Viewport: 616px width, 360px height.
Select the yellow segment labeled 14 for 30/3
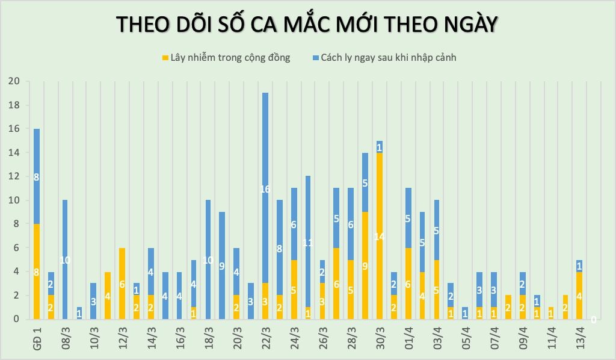pos(379,236)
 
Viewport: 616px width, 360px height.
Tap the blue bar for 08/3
pos(65,259)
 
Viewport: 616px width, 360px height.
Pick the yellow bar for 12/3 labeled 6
pos(122,284)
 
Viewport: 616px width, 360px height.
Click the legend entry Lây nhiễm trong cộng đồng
pos(226,58)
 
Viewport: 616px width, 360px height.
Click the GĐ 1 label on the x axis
pos(37,337)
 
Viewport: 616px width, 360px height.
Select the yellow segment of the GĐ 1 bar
pos(36,272)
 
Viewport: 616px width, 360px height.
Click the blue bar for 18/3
pos(208,259)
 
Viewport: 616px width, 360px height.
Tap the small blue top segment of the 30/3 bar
pos(379,147)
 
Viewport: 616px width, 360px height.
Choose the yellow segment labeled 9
pos(365,265)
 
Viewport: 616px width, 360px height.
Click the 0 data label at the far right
pos(594,320)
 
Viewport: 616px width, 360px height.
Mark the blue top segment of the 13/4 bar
pos(579,265)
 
